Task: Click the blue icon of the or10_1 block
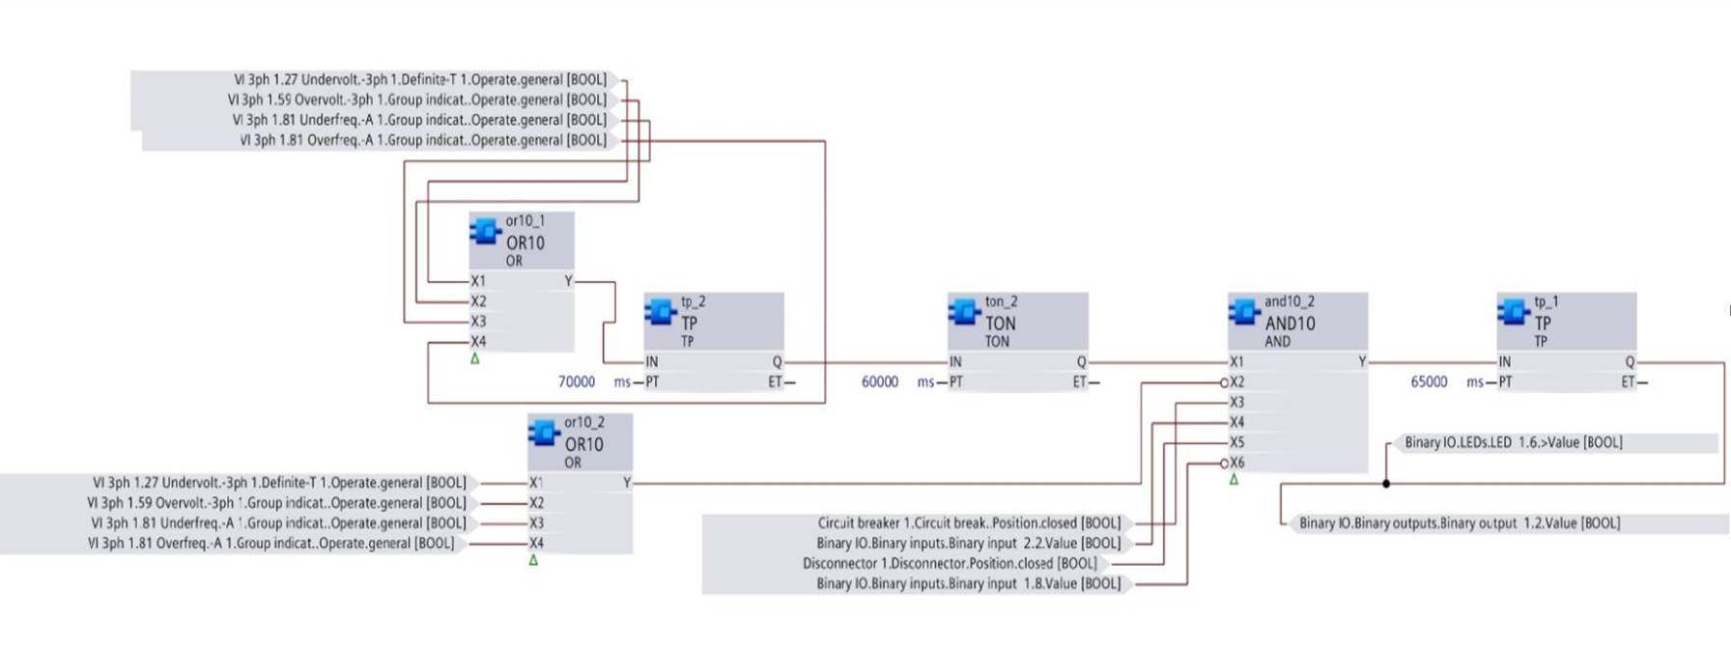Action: coord(485,231)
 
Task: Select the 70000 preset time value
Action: coord(577,382)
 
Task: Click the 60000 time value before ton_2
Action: coord(879,382)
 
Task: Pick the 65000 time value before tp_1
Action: coord(1429,382)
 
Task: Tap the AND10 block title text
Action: coord(1290,324)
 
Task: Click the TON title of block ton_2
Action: coord(1000,324)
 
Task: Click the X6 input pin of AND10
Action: coord(1236,463)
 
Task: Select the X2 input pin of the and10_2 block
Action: coord(1236,382)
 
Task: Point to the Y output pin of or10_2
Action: coord(626,483)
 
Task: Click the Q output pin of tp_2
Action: coord(777,362)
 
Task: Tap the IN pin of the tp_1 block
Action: coord(1505,362)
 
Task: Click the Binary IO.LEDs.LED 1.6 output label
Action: coord(1513,442)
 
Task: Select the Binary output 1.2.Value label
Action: coord(1459,523)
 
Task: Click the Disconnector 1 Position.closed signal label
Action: coord(950,564)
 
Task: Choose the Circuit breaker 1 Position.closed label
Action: coord(969,523)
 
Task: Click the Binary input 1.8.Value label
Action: coord(968,584)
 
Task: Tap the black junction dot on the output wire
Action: coord(1386,483)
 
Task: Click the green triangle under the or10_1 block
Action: coord(474,358)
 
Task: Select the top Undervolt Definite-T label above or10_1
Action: coord(420,80)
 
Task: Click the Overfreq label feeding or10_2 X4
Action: coord(270,544)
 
